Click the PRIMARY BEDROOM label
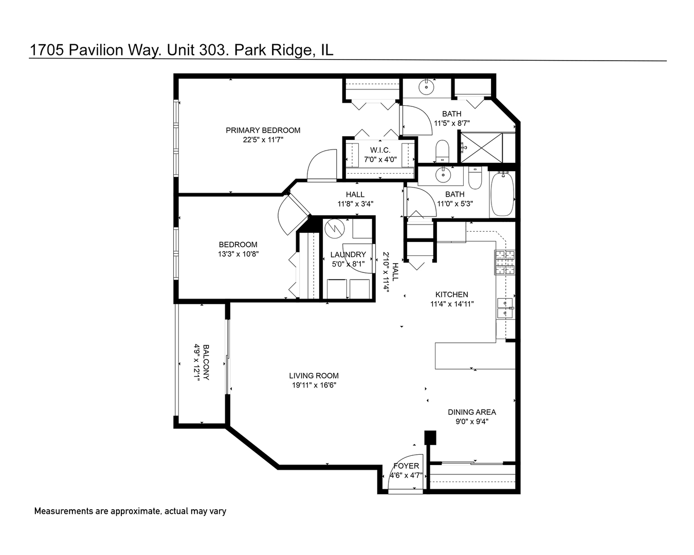[263, 130]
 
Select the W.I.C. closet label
[380, 150]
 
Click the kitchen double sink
[505, 308]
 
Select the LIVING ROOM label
[314, 376]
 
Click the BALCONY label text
[206, 362]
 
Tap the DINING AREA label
[471, 412]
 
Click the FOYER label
[406, 466]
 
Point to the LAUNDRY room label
[348, 254]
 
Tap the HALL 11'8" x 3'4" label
[355, 194]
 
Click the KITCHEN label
[451, 294]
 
